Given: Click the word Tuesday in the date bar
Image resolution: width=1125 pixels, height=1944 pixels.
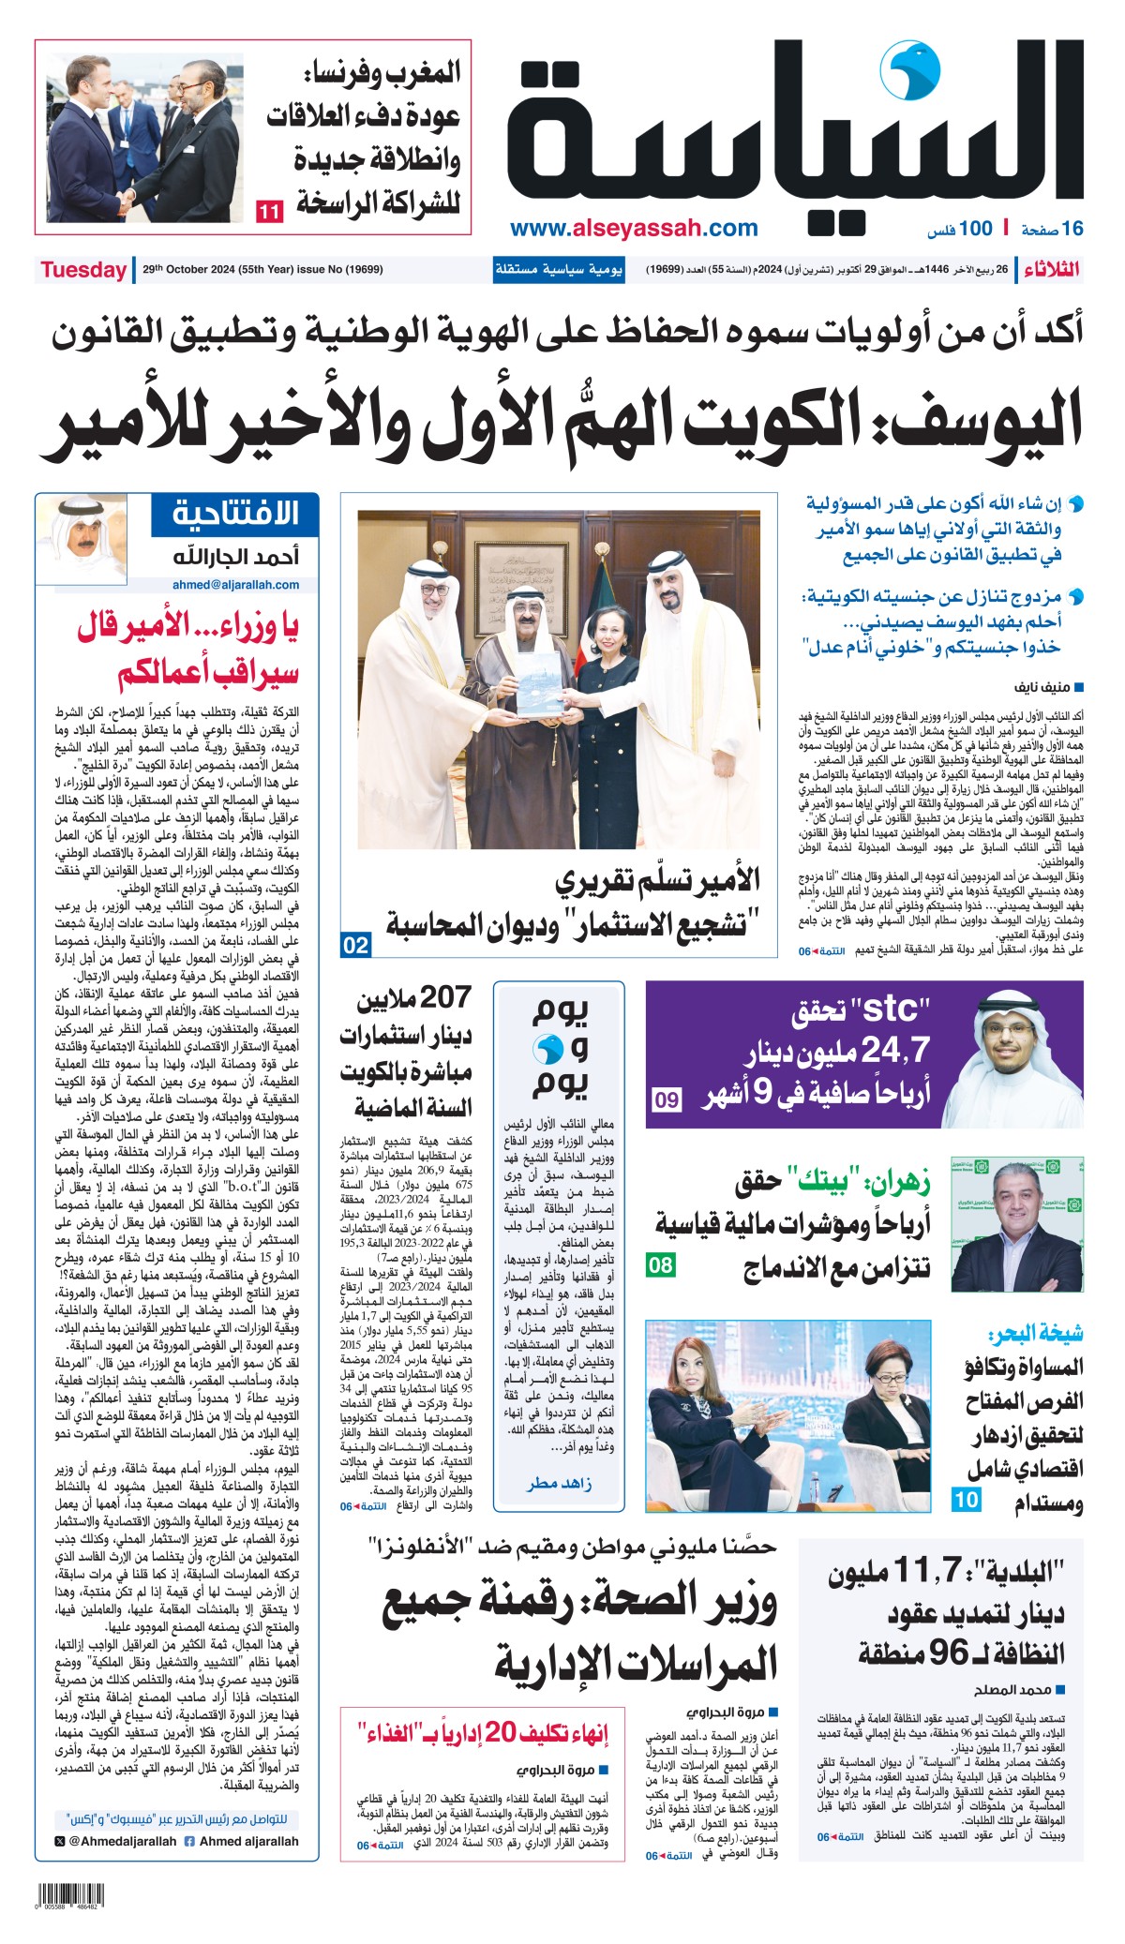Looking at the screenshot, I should (x=83, y=270).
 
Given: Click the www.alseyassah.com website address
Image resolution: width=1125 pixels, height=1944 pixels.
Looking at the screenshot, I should (x=634, y=228).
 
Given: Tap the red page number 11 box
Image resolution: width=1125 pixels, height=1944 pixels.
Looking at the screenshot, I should (x=269, y=211).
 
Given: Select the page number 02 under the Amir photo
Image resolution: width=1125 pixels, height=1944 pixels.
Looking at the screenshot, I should (x=356, y=945).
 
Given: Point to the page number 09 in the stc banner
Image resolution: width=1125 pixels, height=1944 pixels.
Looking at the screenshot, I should (x=667, y=1099).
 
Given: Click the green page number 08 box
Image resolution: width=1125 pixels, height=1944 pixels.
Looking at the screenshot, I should (x=661, y=1265).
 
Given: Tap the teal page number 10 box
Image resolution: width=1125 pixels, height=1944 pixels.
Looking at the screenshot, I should (x=966, y=1499).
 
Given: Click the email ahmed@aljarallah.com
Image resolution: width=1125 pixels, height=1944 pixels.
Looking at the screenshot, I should (x=235, y=585).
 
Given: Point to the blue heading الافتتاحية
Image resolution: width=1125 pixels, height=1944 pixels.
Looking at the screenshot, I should (x=235, y=514).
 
